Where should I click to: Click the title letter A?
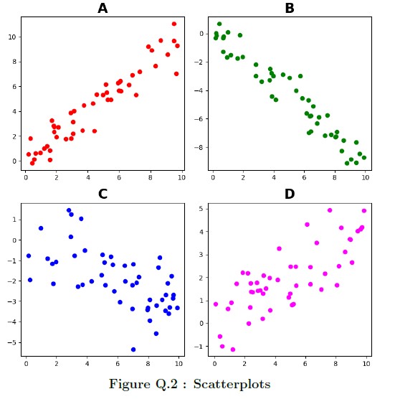pos(103,8)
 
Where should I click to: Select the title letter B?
pos(290,8)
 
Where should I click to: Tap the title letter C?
pos(103,194)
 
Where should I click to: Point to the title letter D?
pos(290,194)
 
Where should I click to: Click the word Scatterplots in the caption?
pos(232,384)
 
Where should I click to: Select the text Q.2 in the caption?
pos(166,384)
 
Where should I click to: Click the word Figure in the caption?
pos(130,385)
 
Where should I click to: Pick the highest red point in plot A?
pos(174,24)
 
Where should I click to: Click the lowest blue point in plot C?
pos(133,349)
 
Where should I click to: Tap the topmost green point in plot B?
pos(219,24)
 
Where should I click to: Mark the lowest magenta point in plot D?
pos(233,349)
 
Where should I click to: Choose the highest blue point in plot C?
pos(69,210)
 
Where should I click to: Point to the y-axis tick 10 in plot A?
pos(12,37)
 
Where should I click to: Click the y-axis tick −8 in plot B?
pos(199,147)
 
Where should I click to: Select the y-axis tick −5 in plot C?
pos(11,342)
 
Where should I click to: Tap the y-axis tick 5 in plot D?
pos(201,209)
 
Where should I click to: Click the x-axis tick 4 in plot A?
pos(88,177)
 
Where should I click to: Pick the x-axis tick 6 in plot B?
pos(304,177)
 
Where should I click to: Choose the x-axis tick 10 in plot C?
pos(179,364)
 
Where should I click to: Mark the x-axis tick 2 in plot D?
pos(244,364)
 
